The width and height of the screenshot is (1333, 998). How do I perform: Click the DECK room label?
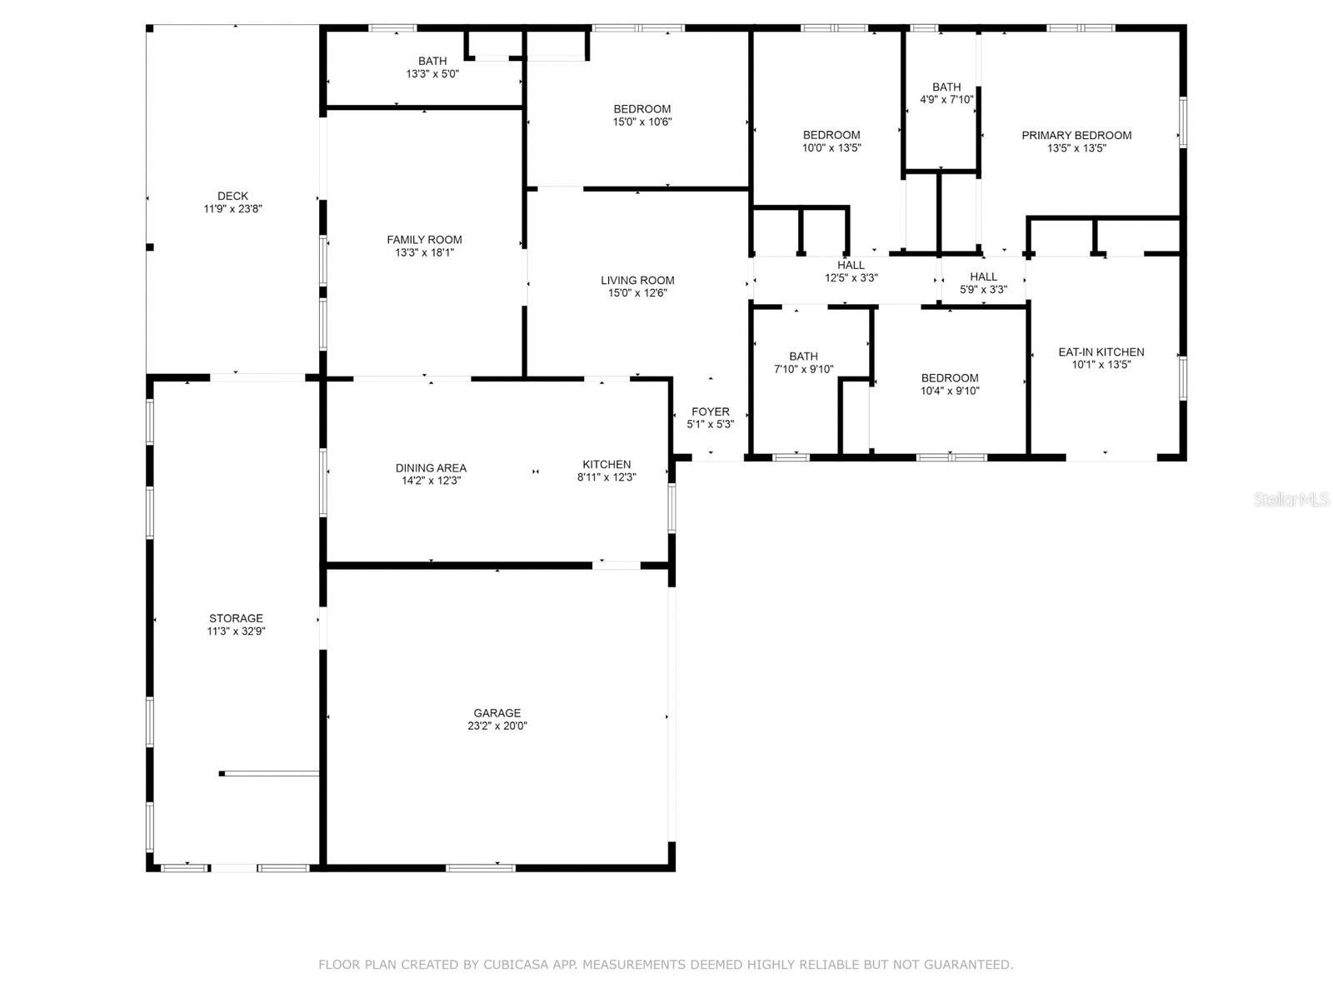coord(232,196)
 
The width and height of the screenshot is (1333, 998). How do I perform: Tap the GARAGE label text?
coord(497,713)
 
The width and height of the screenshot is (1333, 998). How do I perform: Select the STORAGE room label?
coord(236,618)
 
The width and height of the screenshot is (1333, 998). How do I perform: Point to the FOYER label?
coord(710,412)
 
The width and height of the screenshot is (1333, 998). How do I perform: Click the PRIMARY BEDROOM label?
coord(1076,136)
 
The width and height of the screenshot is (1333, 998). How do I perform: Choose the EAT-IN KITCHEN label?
coord(1101,352)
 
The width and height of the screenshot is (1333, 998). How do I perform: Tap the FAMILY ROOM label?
coord(424,240)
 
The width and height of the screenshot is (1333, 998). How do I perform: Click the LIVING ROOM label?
coord(637,281)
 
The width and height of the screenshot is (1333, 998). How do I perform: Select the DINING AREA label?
coord(431,468)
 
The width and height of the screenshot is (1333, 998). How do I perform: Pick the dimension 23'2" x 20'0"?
coord(497,726)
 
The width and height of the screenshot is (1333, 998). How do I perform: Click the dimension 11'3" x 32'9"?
coord(236,631)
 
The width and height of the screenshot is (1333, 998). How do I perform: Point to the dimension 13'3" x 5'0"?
coord(432,74)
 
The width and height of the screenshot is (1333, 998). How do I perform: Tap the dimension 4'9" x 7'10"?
coord(946,100)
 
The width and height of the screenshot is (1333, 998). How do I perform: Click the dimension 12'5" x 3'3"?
coord(851,278)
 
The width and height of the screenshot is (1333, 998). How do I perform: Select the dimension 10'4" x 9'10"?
coord(949,392)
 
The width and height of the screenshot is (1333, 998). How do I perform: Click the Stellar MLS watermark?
coord(1291,500)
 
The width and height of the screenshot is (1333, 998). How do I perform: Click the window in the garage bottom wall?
coord(481,868)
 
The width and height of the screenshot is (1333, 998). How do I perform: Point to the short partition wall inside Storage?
coord(269,773)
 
